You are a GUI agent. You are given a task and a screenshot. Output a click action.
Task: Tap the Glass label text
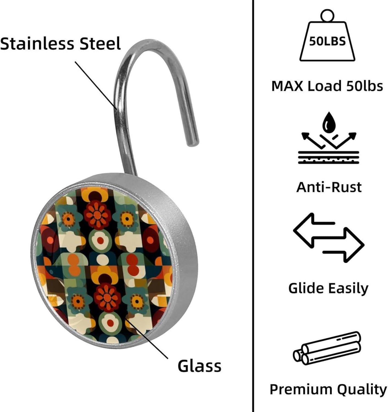[199, 366]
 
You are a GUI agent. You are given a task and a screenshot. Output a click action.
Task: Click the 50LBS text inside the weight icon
[327, 41]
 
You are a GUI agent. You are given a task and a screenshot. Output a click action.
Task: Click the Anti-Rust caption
[329, 187]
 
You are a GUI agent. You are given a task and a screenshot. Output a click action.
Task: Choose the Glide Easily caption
[328, 288]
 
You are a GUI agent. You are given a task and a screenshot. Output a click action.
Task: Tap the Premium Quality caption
[328, 389]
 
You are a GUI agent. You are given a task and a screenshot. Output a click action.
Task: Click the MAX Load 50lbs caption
[327, 86]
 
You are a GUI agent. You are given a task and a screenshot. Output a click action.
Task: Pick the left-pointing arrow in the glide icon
[313, 230]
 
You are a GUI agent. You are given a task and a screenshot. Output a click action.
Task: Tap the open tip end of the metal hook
[193, 141]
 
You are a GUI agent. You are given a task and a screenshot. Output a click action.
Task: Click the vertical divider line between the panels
[252, 206]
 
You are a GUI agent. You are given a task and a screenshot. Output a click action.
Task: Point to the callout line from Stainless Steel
[96, 85]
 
